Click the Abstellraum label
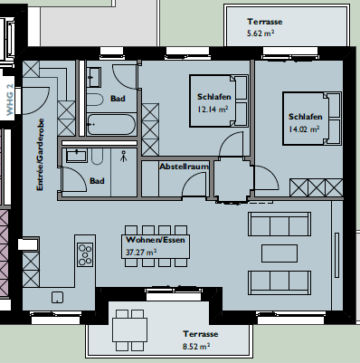point(184,167)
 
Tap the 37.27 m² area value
point(141,252)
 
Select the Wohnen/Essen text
point(156,240)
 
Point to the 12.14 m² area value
point(213,109)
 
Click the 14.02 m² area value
point(304,129)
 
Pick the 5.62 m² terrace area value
point(261,33)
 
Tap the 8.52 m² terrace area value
point(196,346)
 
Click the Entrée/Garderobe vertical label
point(40,154)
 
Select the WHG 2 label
point(10,100)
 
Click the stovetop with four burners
point(85,254)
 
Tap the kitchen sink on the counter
point(57,297)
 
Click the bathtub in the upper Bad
point(111,124)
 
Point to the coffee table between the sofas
point(279,253)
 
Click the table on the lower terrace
point(129,330)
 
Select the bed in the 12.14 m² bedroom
point(219,100)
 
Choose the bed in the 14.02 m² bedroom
point(312,119)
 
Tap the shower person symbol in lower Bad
point(123,156)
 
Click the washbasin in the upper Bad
point(94,77)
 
